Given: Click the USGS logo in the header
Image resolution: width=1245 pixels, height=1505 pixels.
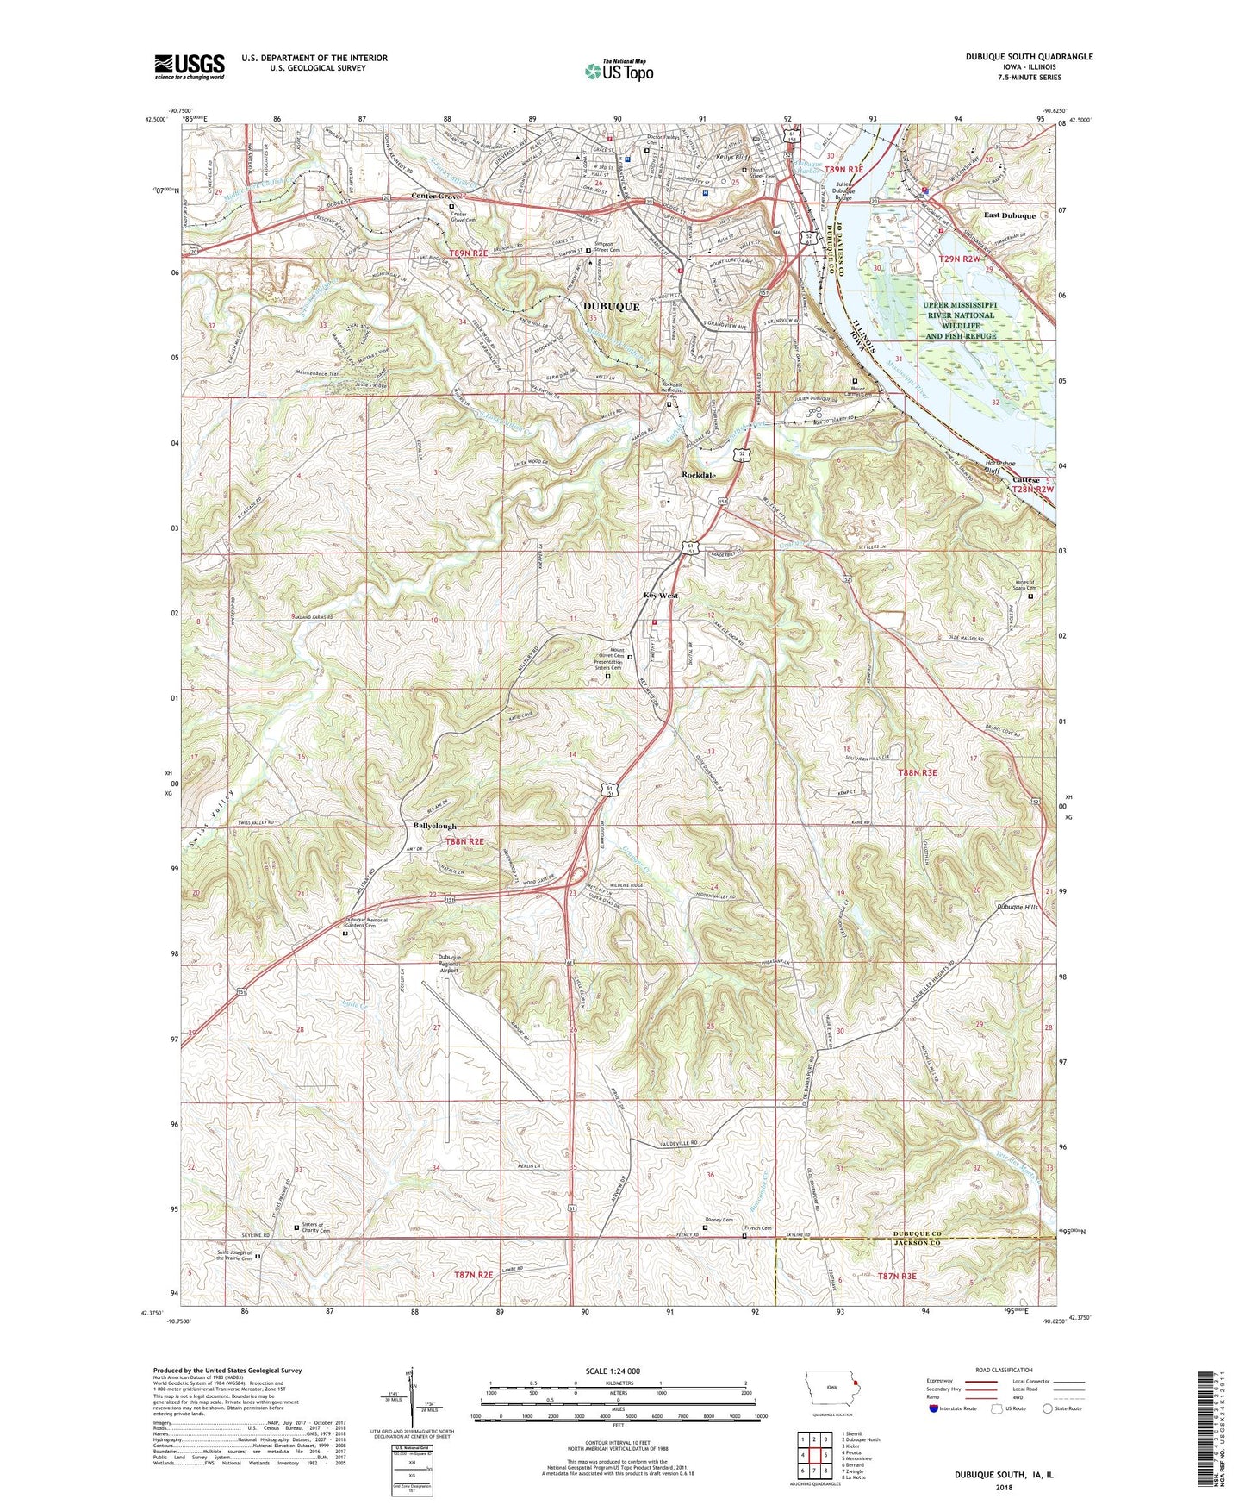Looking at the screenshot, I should pyautogui.click(x=189, y=66).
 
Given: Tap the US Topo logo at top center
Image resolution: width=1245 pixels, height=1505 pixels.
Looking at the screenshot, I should pyautogui.click(x=618, y=72).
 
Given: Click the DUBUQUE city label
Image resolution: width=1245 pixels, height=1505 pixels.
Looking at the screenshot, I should pyautogui.click(x=611, y=307).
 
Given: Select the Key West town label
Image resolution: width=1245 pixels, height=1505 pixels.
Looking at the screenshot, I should pyautogui.click(x=661, y=596).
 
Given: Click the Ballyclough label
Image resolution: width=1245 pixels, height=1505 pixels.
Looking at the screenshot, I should pyautogui.click(x=435, y=826).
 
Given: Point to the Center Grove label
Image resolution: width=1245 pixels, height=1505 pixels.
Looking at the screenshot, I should pyautogui.click(x=436, y=197).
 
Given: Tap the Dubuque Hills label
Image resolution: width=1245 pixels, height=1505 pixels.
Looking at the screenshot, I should pyautogui.click(x=1018, y=907).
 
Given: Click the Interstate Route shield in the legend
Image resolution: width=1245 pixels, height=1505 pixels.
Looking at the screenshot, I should pyautogui.click(x=935, y=1409).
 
